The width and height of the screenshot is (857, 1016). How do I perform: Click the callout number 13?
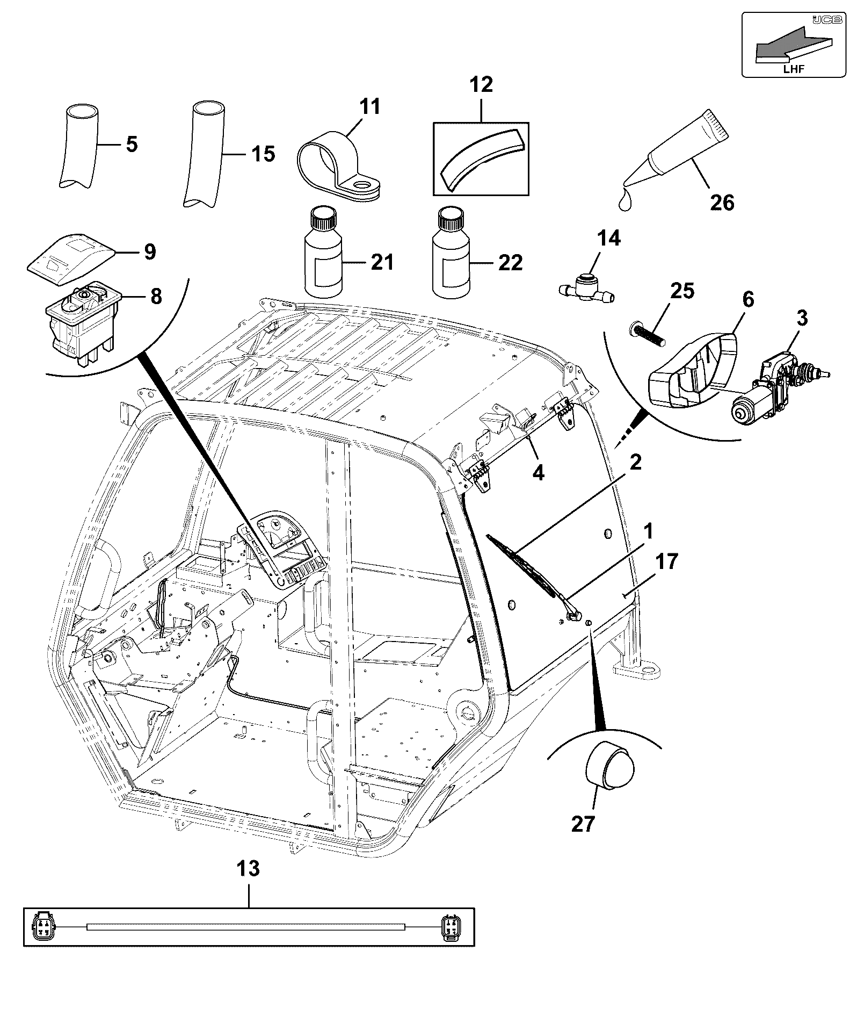pyautogui.click(x=248, y=869)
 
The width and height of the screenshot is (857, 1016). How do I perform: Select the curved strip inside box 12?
pyautogui.click(x=481, y=158)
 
